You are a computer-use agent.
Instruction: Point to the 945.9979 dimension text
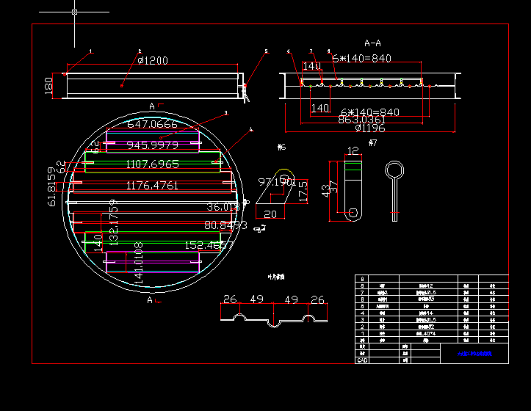(152, 145)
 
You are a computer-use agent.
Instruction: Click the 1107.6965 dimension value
(152, 164)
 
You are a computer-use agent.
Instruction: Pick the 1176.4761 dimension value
(152, 185)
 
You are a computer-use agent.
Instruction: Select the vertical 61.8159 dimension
(51, 189)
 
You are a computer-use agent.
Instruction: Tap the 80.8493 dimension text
(225, 225)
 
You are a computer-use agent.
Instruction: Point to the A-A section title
(372, 43)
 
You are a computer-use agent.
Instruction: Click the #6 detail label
(281, 148)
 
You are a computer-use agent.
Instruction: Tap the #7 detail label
(372, 142)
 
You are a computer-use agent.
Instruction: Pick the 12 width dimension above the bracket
(353, 151)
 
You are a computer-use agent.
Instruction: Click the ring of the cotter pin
(394, 170)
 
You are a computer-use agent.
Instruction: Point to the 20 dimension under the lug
(270, 214)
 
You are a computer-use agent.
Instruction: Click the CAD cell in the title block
(362, 360)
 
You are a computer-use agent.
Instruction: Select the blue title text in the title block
(471, 354)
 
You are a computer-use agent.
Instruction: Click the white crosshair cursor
(75, 12)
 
